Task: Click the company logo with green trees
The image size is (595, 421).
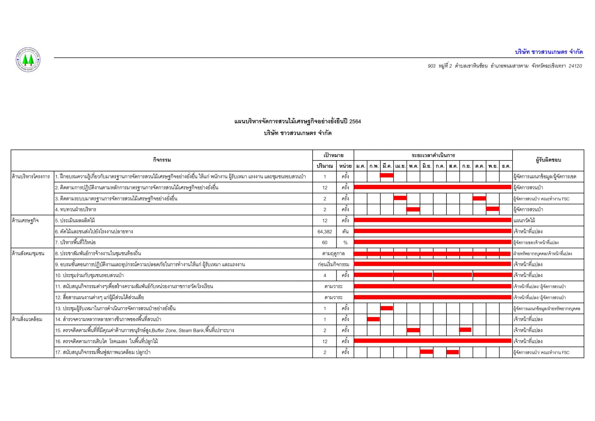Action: [28, 60]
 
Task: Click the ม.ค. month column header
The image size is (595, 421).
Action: [360, 166]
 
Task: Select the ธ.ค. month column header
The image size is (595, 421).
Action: [506, 166]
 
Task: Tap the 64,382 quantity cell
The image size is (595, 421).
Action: [324, 232]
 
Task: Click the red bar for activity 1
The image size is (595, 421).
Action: [387, 175]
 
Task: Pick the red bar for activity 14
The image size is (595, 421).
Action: [374, 319]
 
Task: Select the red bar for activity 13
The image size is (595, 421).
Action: [387, 308]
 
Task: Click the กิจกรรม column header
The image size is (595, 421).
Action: [162, 160]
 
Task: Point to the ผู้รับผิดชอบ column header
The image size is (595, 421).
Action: [548, 160]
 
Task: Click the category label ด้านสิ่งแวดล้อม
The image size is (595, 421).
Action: [27, 319]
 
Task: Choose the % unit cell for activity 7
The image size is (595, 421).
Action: [345, 243]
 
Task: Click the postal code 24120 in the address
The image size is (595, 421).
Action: [575, 66]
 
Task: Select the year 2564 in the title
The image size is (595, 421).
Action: [355, 121]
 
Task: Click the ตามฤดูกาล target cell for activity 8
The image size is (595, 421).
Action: [333, 254]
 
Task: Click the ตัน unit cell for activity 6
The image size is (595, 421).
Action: [345, 232]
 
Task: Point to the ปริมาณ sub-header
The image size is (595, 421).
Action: [324, 166]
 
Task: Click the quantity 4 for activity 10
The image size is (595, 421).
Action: [324, 275]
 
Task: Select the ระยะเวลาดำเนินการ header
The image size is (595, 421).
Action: [433, 155]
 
